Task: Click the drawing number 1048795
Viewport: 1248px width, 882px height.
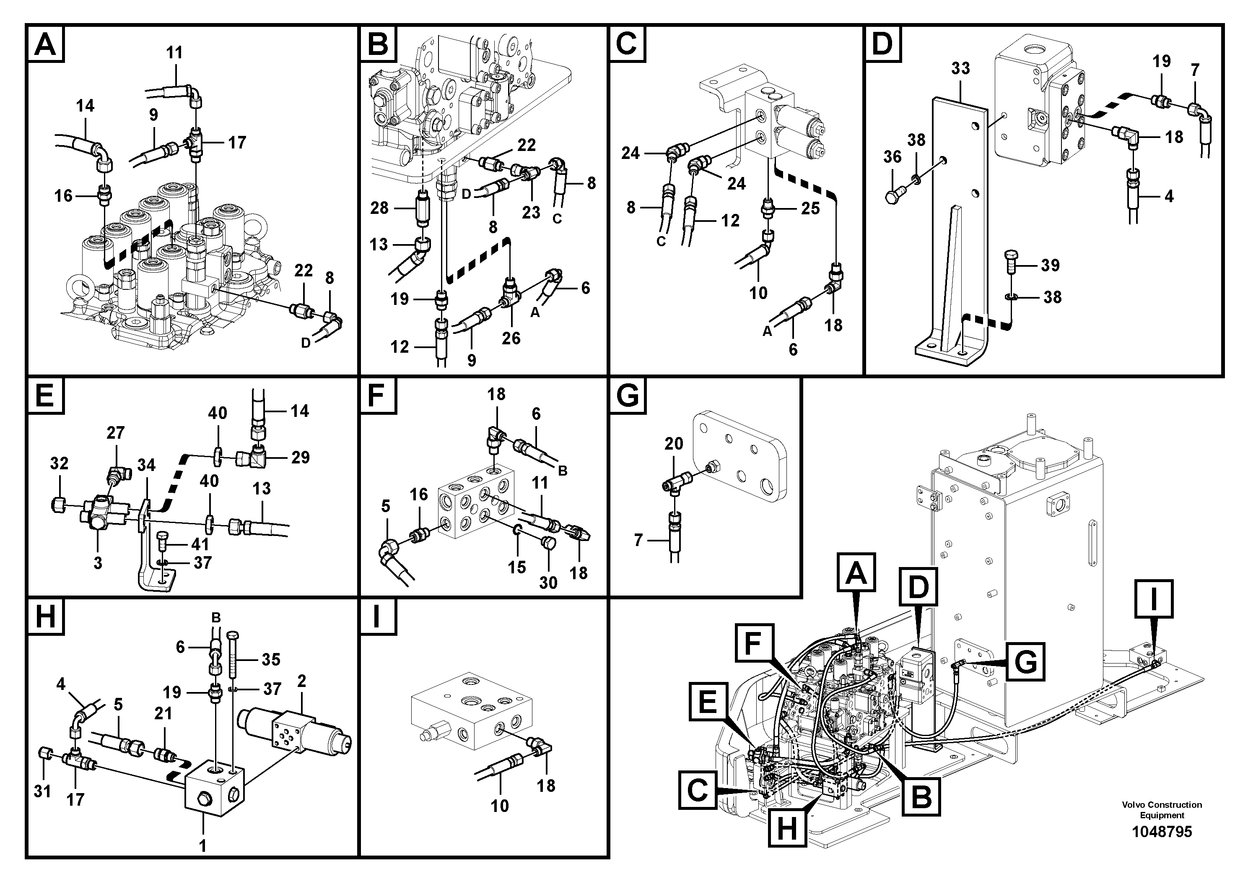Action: click(x=1162, y=832)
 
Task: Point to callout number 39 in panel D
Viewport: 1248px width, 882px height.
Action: click(x=1050, y=265)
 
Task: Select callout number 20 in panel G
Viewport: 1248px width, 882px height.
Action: click(x=674, y=444)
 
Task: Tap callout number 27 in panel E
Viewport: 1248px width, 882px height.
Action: click(x=115, y=433)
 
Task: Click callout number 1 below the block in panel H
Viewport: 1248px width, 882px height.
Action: click(x=203, y=846)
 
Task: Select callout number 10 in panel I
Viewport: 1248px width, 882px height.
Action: click(x=500, y=805)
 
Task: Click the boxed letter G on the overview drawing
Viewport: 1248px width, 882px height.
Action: click(x=1025, y=662)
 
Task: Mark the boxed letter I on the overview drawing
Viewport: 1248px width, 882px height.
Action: click(x=1153, y=598)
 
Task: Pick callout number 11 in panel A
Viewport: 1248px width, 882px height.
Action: click(x=174, y=53)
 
